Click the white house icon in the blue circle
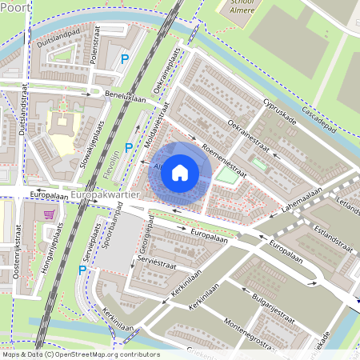click(180, 171)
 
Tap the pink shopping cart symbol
click(50, 214)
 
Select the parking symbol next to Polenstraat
click(124, 58)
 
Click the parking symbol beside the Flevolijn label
click(129, 147)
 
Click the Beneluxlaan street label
click(130, 97)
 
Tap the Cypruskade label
click(280, 111)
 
